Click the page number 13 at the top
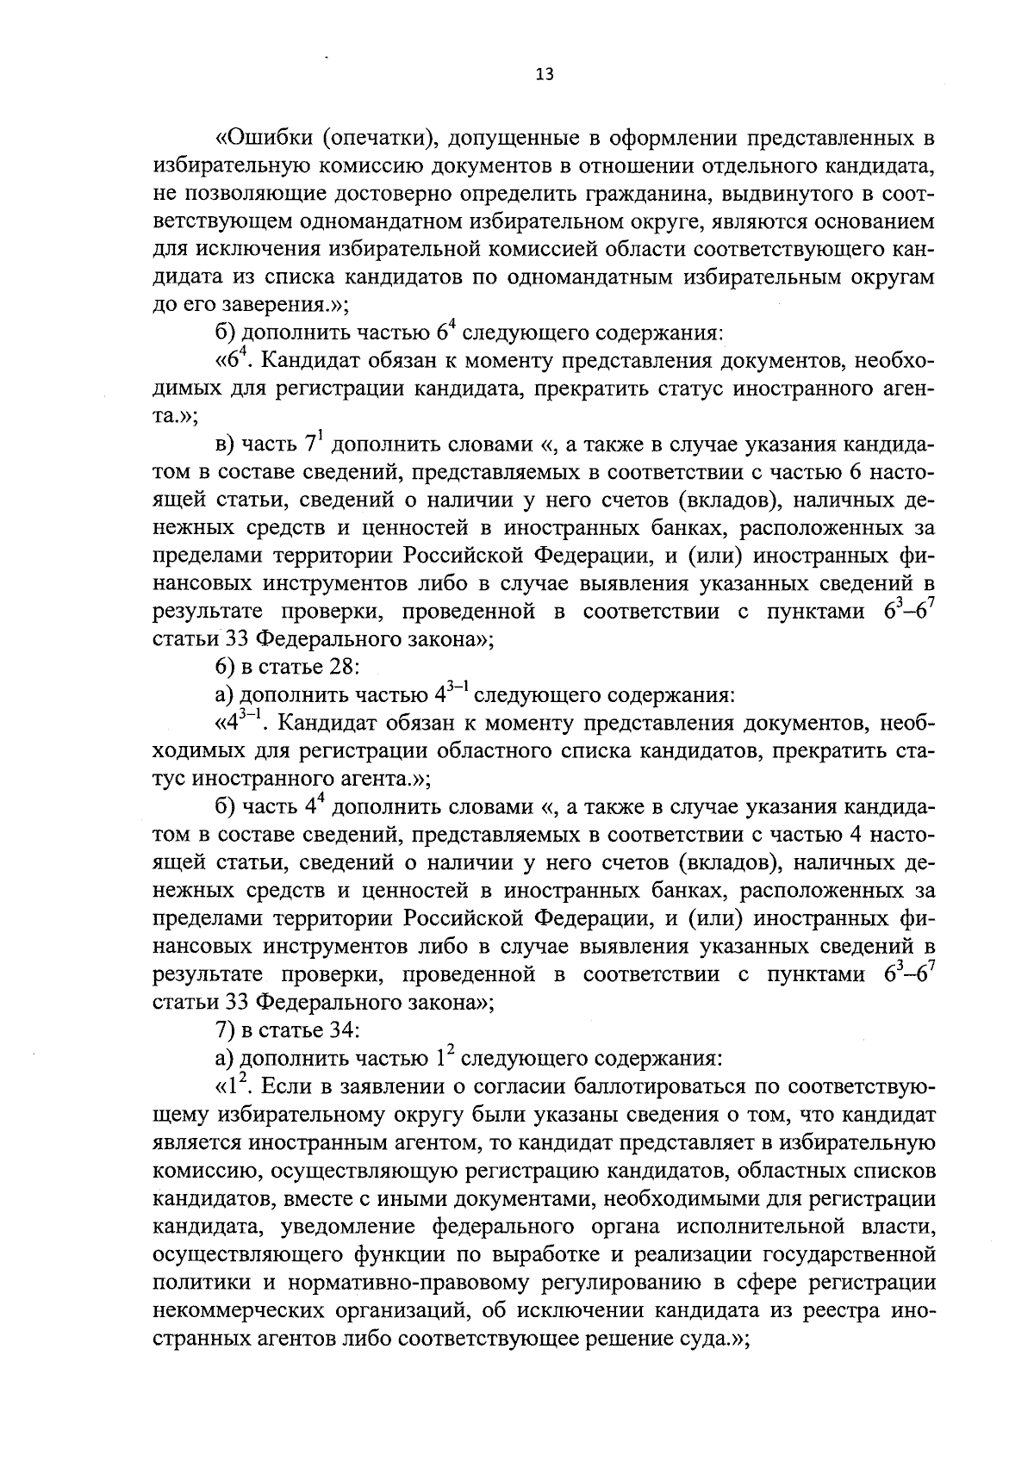[x=544, y=74]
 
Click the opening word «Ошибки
[x=264, y=139]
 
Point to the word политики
[x=200, y=1282]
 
